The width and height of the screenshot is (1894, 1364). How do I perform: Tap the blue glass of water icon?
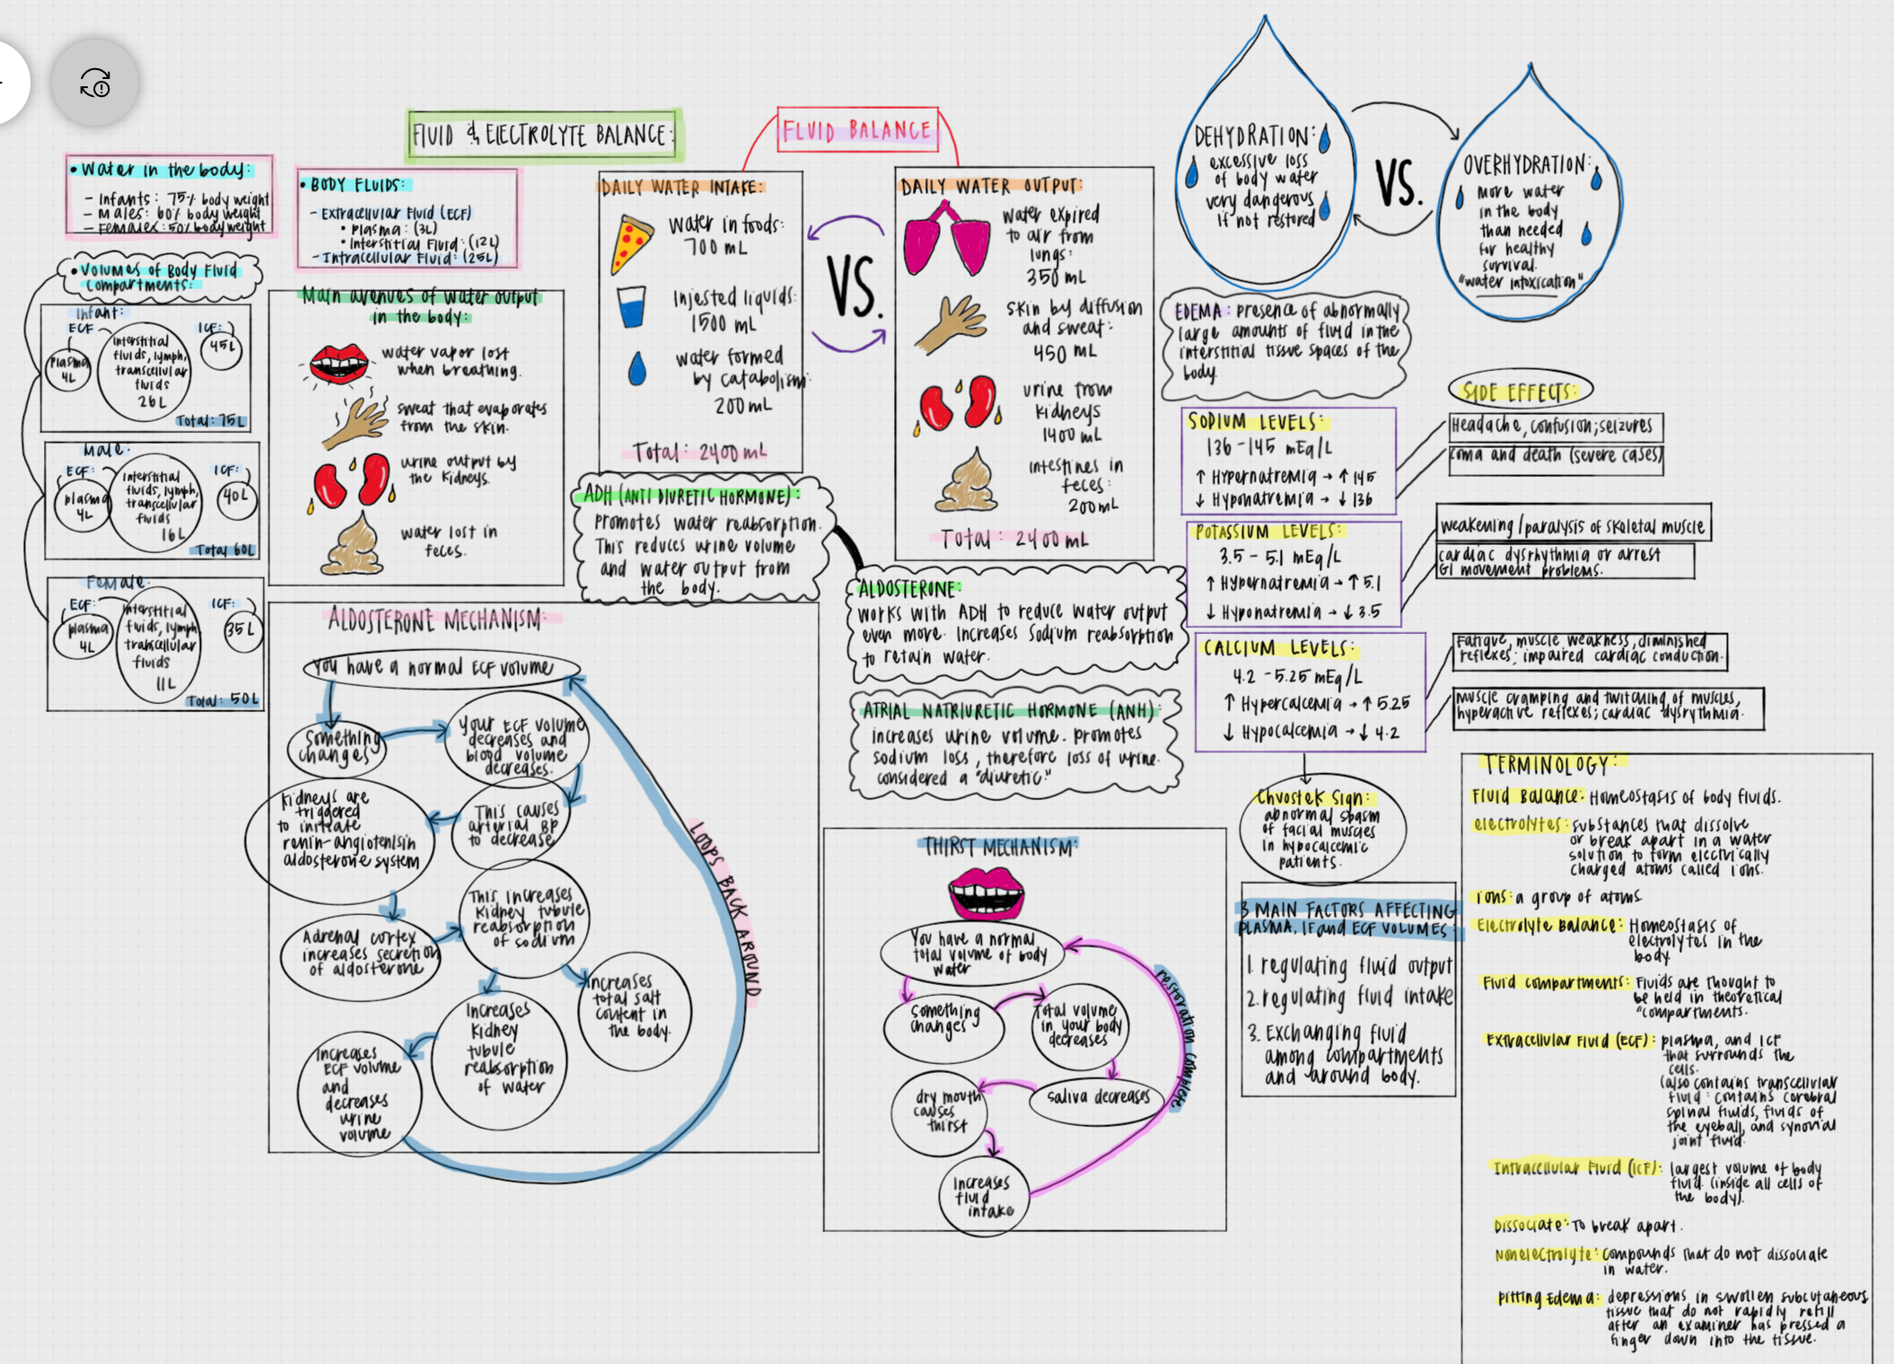pos(631,306)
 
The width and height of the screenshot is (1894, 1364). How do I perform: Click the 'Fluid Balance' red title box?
pos(857,130)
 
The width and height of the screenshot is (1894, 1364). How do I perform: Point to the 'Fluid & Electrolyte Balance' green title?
pos(542,135)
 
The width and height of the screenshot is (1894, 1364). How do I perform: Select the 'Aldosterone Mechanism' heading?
pos(435,620)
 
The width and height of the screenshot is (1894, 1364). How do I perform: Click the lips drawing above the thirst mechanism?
pos(986,892)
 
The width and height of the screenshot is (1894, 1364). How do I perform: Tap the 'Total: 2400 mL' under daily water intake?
pos(699,452)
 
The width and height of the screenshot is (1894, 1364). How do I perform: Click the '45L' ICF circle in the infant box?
pos(222,347)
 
